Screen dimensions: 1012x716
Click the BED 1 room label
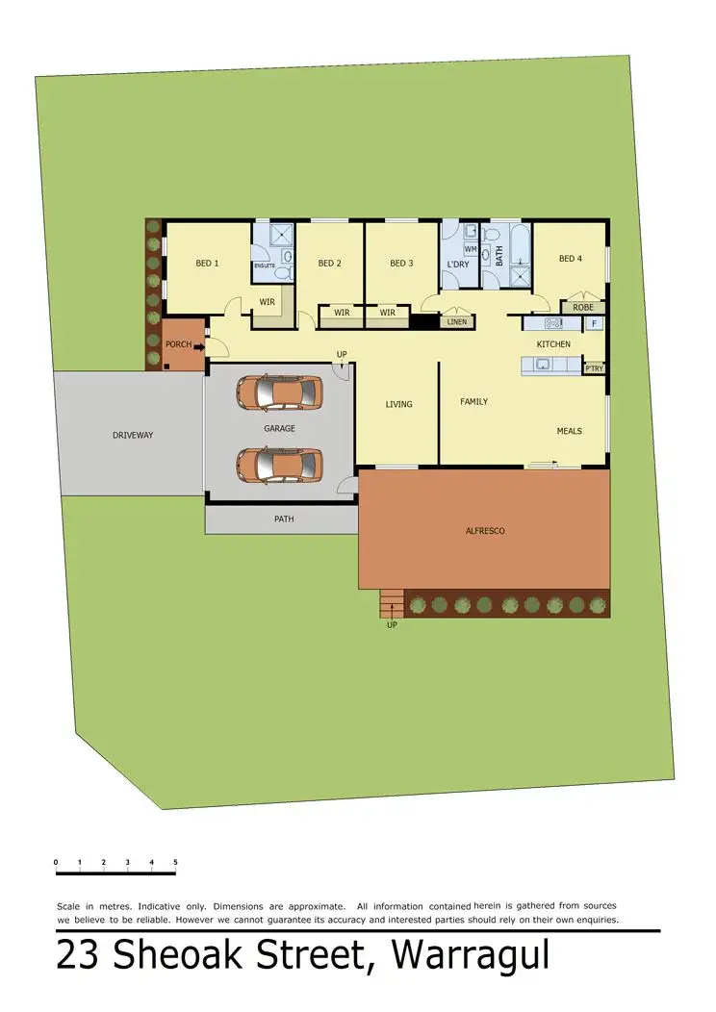pyautogui.click(x=207, y=263)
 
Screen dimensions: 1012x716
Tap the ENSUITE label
pyautogui.click(x=264, y=266)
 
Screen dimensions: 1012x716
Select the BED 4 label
pyautogui.click(x=570, y=259)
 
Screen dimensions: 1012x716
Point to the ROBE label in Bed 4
pyautogui.click(x=583, y=308)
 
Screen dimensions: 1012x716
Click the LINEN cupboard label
pyautogui.click(x=456, y=321)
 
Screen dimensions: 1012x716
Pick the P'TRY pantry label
pyautogui.click(x=594, y=367)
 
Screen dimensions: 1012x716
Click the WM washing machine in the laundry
pyautogui.click(x=471, y=249)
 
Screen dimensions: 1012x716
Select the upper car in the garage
pyautogui.click(x=279, y=392)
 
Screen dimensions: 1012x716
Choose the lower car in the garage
pyautogui.click(x=279, y=465)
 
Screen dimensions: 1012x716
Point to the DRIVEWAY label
pyautogui.click(x=133, y=435)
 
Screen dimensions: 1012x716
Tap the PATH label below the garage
pyautogui.click(x=283, y=519)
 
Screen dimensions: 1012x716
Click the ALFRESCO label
pyautogui.click(x=485, y=531)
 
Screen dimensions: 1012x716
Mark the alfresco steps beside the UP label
pyautogui.click(x=391, y=604)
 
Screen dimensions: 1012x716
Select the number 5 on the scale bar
pyautogui.click(x=175, y=862)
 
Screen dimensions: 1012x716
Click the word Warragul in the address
pyautogui.click(x=472, y=957)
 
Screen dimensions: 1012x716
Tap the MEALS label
pyautogui.click(x=569, y=431)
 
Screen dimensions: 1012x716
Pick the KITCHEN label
pyautogui.click(x=553, y=344)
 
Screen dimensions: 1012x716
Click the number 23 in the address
pyautogui.click(x=81, y=957)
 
